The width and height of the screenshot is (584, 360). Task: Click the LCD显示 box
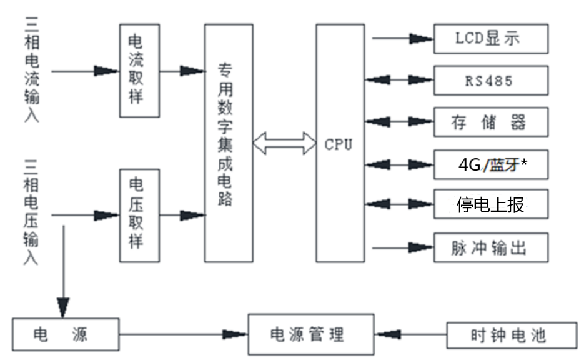pos(491,39)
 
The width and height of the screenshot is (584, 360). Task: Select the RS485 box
pos(491,81)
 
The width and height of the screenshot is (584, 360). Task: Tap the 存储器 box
pos(491,122)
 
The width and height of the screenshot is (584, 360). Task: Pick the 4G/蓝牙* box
pos(491,165)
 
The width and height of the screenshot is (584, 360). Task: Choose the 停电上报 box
pos(491,205)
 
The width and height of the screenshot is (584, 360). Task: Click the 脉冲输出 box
pos(491,247)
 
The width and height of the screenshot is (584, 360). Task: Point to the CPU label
pos(339,145)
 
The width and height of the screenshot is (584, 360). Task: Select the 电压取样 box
pos(139,215)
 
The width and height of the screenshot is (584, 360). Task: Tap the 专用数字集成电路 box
pos(229,142)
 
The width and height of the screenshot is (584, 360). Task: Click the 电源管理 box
pos(311,334)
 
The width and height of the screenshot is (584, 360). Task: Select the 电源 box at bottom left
pos(66,334)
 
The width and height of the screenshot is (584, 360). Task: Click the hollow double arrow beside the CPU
pos(284,143)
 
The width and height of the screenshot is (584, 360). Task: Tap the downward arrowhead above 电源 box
pos(63,306)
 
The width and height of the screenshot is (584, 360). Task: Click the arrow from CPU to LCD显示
pos(403,39)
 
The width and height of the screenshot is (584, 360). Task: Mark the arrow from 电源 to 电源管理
pos(184,334)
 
